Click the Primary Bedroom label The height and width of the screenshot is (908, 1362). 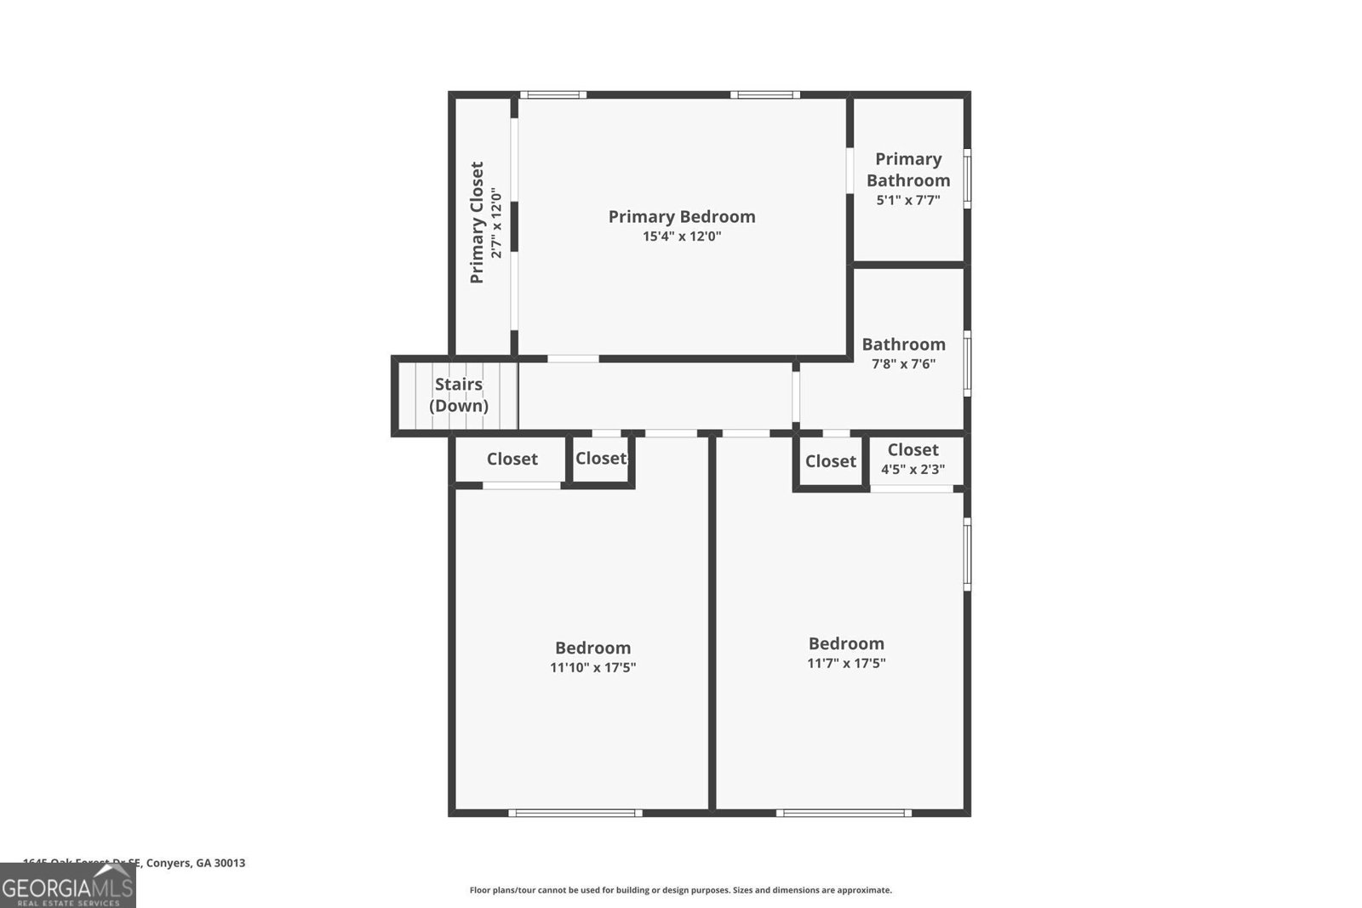681,216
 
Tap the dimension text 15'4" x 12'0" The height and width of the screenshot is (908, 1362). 681,237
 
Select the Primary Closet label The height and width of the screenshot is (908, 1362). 477,223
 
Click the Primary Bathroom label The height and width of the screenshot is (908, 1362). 908,169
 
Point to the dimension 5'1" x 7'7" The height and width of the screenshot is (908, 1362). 908,201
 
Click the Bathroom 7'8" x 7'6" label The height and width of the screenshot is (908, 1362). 903,345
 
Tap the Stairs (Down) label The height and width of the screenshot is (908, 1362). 459,395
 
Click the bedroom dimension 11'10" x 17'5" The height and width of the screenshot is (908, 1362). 592,668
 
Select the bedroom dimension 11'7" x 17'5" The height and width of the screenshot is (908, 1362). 846,664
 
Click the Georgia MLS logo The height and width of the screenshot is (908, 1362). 68,888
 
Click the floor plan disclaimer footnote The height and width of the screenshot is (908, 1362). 681,890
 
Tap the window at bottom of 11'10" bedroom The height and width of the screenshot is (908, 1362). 576,813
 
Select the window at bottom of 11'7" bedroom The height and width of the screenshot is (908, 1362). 844,813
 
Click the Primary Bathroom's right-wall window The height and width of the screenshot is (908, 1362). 967,179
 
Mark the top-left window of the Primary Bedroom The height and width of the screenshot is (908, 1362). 552,94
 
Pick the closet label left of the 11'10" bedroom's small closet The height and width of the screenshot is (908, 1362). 512,460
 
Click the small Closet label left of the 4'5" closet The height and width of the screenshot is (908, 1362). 830,461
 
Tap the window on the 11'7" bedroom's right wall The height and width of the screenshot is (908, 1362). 967,554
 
